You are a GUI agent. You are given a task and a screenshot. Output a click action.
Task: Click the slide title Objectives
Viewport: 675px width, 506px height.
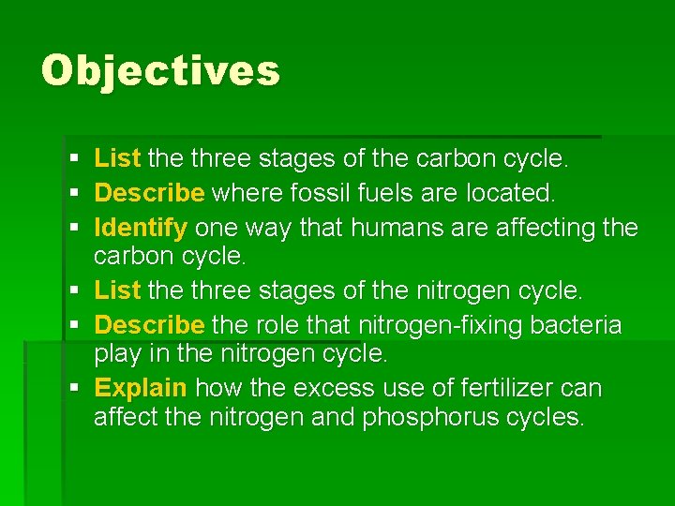[x=160, y=70]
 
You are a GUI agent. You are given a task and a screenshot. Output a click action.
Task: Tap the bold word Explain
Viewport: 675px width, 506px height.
[x=142, y=388]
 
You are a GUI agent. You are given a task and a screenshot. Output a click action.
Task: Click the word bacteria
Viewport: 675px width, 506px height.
[x=574, y=325]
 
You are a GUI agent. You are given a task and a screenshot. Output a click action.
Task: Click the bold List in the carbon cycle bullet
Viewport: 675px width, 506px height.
[x=117, y=159]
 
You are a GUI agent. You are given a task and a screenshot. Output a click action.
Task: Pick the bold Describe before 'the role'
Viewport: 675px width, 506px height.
[x=150, y=325]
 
